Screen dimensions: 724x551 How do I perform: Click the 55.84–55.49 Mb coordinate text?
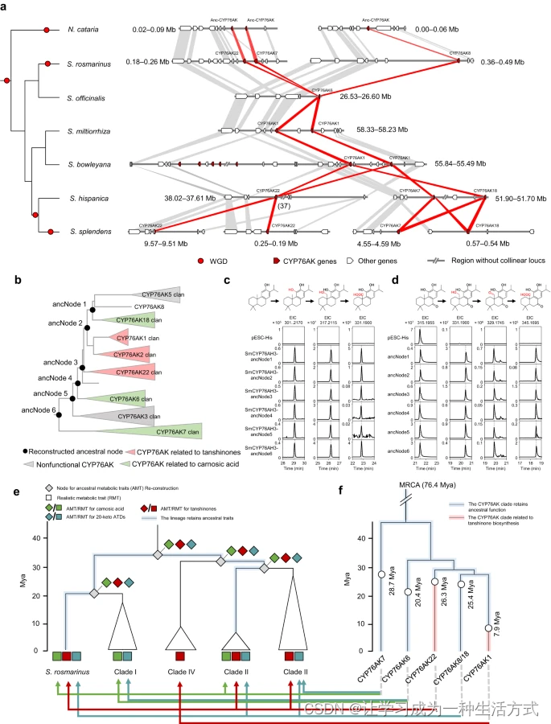pyautogui.click(x=463, y=163)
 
